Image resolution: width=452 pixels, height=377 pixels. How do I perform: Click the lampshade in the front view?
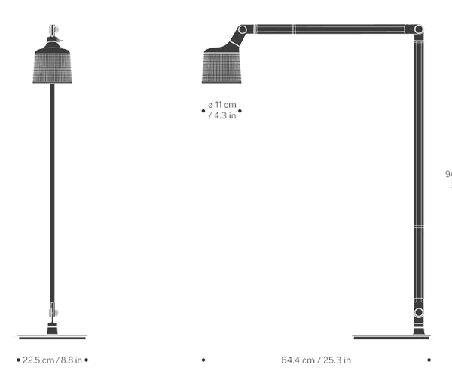52,66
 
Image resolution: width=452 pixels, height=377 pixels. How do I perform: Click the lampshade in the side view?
221,66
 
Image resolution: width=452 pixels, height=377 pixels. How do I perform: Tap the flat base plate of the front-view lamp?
52,336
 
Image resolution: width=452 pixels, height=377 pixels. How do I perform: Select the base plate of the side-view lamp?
392,336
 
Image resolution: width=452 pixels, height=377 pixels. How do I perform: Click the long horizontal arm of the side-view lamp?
331,29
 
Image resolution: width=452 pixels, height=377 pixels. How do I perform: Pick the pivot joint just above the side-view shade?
242,30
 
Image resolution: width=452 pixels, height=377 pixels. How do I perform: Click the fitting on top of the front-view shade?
52,34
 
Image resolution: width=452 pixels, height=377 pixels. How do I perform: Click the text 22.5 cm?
38,360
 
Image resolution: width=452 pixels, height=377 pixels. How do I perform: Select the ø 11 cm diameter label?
221,106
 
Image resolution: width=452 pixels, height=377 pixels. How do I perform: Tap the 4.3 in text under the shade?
224,116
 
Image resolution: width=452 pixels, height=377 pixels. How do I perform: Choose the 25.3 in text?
337,360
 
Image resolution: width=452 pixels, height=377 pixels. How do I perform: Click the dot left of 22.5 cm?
18,360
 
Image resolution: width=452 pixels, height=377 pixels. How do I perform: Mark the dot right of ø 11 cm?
240,111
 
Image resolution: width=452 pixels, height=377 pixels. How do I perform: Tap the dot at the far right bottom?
429,360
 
